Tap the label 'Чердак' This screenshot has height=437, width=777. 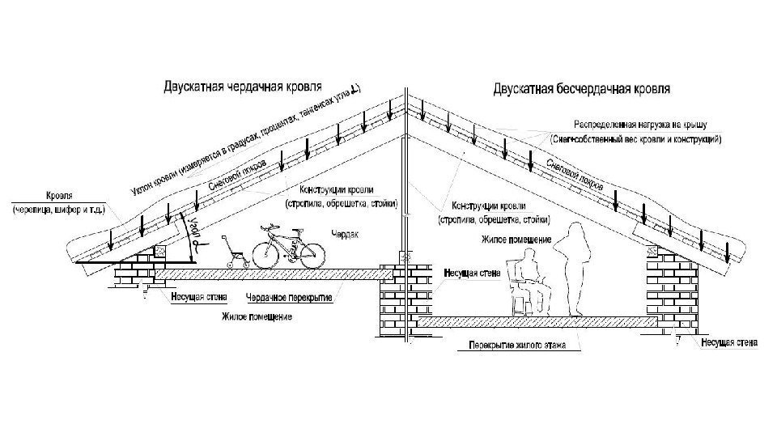pos(345,235)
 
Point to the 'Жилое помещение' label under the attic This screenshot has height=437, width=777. pos(257,314)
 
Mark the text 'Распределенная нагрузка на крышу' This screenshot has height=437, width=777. pos(629,126)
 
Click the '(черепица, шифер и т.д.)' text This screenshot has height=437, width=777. pos(59,211)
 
